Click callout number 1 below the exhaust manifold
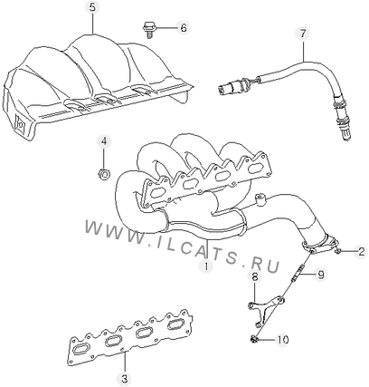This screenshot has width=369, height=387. coord(206,266)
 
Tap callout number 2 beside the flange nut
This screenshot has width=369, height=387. coord(361,251)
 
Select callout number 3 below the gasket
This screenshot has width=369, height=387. coord(124,378)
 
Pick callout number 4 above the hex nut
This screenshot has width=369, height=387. coord(104,141)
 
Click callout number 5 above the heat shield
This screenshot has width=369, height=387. coord(92,7)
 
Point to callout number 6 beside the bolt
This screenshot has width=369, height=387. coord(184,28)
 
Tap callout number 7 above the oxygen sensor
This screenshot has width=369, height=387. coord(303,34)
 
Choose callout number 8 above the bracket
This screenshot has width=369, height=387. coord(255,276)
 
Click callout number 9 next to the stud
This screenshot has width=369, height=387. coord(320,275)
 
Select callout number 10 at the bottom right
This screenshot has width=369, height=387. coord(282,340)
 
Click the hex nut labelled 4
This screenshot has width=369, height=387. coord(104,174)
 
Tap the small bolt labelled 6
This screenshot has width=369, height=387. coord(148,29)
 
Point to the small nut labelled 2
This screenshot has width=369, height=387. coord(338,250)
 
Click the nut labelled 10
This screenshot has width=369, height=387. coord(254,339)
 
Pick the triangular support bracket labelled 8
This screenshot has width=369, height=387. coord(265,311)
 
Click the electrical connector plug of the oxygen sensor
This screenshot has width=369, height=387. coord(228,87)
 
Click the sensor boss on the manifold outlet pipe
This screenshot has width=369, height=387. coord(260,199)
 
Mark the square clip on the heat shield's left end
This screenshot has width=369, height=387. coord(21,123)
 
